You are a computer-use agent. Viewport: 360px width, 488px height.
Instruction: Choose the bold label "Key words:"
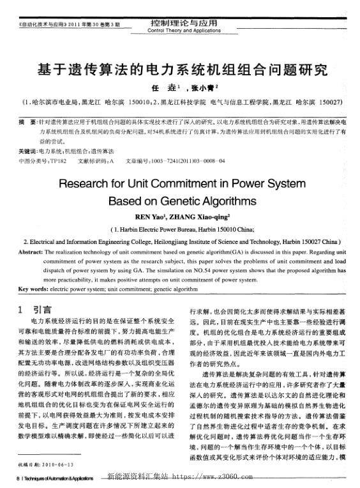pos(32,288)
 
